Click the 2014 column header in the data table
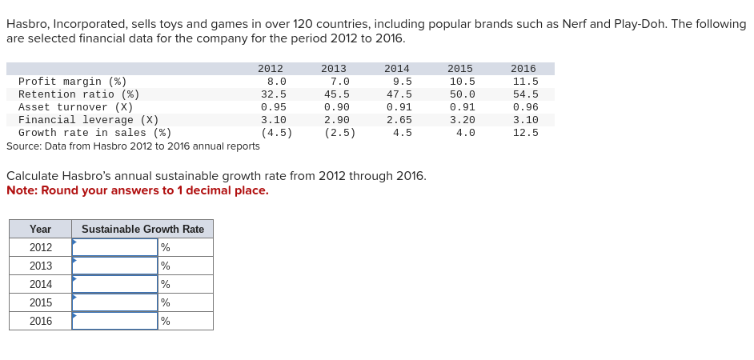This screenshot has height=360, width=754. point(397,69)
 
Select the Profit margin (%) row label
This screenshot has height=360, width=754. point(72,82)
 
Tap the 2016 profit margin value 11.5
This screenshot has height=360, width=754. point(525,82)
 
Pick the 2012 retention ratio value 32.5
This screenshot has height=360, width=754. point(274,94)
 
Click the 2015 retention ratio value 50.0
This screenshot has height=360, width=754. point(462,94)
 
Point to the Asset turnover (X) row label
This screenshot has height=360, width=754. point(75,107)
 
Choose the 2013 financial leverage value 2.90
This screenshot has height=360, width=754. point(336,120)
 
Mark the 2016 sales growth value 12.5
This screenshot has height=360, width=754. point(525,133)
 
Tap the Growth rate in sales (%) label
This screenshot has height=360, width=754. point(94,133)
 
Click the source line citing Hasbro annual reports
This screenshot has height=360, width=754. point(133,146)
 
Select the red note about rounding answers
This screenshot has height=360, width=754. point(138,190)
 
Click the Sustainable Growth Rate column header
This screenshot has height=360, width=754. point(142,229)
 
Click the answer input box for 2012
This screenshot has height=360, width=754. point(114,247)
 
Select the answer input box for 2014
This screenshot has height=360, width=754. point(114,284)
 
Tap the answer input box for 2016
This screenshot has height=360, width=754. point(114,321)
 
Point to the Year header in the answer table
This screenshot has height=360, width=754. point(40,229)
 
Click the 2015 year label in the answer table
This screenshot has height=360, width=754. point(41,302)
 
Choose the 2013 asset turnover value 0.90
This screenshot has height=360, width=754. point(336,107)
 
